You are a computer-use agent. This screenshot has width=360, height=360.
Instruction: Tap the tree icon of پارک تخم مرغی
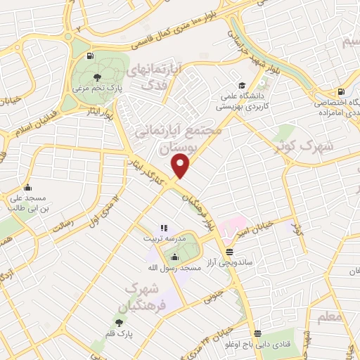coord(96,77)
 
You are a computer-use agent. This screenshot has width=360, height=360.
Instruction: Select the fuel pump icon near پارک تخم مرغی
coord(89,57)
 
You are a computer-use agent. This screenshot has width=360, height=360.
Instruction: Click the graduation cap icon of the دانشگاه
coord(242,81)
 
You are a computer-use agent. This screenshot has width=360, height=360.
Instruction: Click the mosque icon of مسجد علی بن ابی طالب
coord(27,187)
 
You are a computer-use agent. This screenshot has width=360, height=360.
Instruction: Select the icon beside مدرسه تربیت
coord(163,227)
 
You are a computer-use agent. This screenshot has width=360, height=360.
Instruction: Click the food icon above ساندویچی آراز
coord(230,252)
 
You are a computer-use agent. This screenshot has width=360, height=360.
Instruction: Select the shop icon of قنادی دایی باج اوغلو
coord(259,333)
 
